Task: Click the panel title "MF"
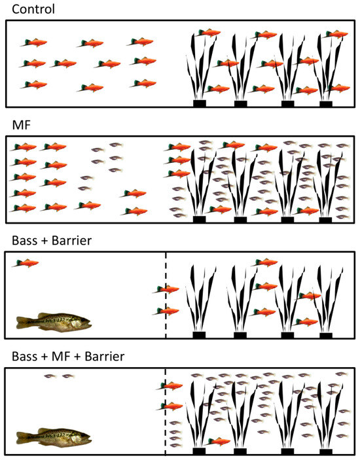pos(20,124)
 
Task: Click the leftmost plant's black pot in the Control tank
pos(199,103)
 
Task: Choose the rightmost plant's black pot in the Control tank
pos(325,103)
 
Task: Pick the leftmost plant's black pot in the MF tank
pos(199,219)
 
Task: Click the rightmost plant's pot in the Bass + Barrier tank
pos(325,335)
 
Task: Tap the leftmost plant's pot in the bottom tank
pos(199,451)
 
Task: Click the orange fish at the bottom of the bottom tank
pos(219,441)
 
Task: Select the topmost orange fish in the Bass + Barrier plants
pos(264,263)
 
